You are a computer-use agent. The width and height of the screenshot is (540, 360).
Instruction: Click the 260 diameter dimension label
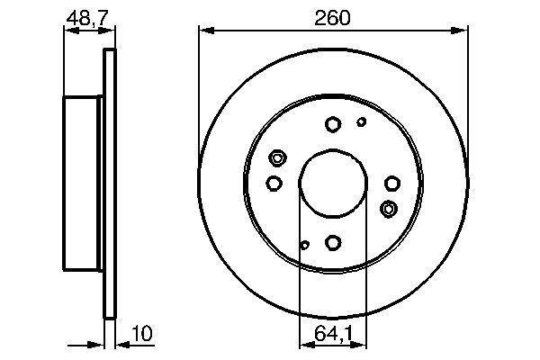(x=332, y=18)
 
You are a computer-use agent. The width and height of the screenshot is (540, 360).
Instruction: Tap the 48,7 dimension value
(x=87, y=18)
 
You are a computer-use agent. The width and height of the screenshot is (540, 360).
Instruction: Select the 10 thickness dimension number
(x=142, y=333)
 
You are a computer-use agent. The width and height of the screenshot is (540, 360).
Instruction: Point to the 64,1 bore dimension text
(x=334, y=333)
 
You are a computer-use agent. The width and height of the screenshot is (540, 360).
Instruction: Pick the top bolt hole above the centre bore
(x=333, y=124)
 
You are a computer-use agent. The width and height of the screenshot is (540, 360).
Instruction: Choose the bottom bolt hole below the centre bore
(x=333, y=242)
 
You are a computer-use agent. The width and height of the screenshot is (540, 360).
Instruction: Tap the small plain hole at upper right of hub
(x=362, y=121)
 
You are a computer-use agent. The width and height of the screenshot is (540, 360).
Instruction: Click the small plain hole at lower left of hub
(x=304, y=245)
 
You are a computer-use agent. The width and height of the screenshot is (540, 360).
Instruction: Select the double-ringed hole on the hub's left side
(x=277, y=158)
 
